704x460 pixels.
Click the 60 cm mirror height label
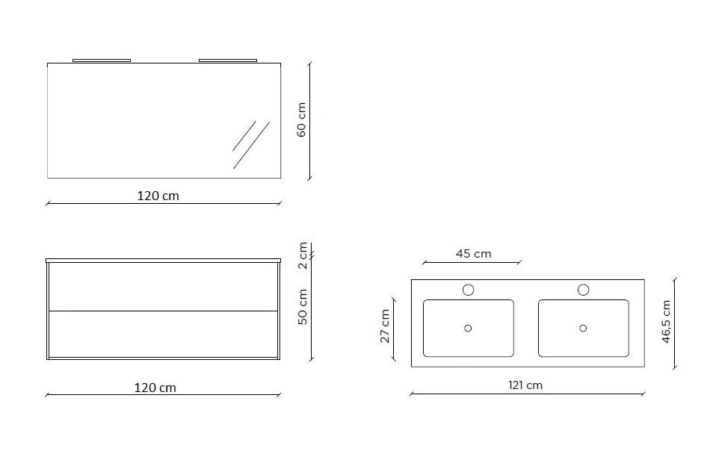point(301,119)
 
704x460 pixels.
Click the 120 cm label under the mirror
point(158,196)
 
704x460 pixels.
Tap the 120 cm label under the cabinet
point(155,388)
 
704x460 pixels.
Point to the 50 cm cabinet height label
point(303,307)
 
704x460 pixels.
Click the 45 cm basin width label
point(474,254)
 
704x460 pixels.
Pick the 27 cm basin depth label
point(385,326)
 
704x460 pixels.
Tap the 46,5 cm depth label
point(666,322)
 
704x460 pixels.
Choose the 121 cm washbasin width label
point(525,385)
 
